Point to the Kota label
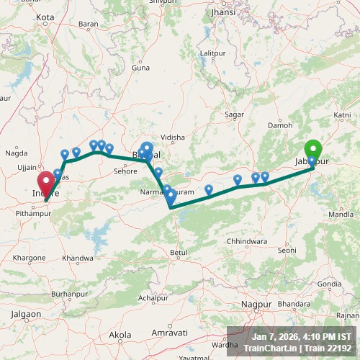(x=45, y=17)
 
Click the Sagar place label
(x=235, y=114)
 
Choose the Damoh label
(x=281, y=125)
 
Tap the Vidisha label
(x=173, y=137)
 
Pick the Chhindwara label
(x=247, y=240)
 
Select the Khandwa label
(x=78, y=258)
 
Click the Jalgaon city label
(x=27, y=314)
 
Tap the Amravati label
(x=169, y=333)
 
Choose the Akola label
(x=120, y=335)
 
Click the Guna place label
(x=141, y=68)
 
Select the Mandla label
(x=341, y=215)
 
